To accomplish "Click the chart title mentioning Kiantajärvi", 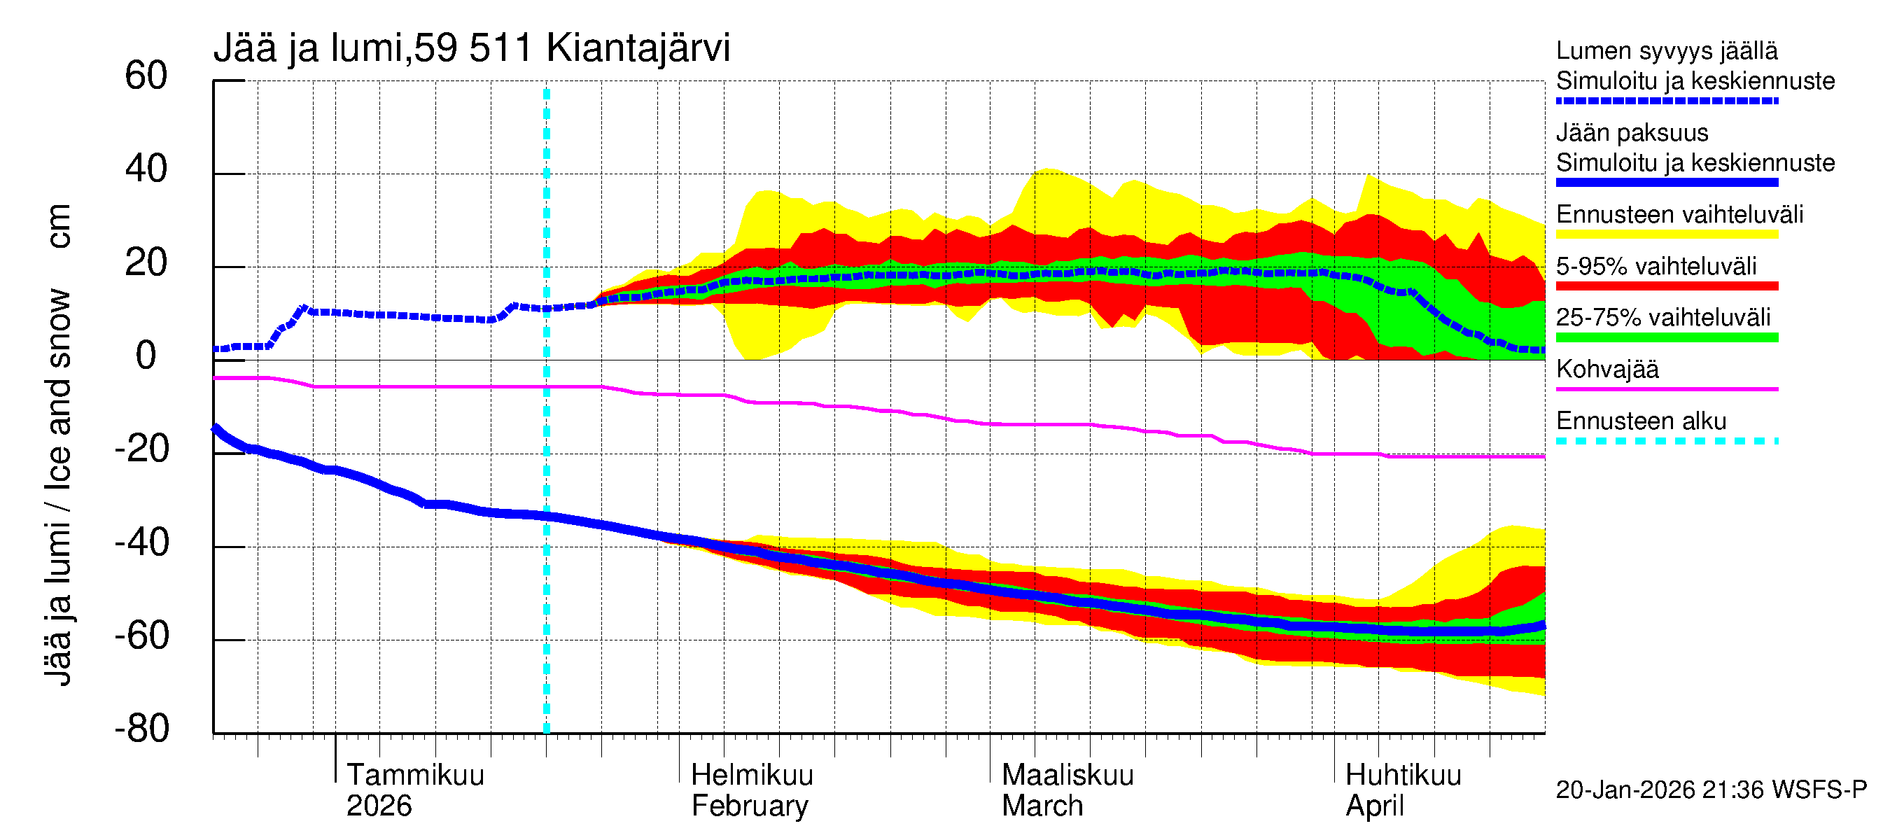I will tap(472, 48).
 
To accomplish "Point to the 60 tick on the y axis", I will tap(146, 76).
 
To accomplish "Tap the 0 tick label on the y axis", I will tap(146, 356).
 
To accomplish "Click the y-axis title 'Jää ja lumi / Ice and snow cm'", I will tap(57, 444).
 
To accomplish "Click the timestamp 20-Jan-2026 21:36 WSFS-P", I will tap(1711, 790).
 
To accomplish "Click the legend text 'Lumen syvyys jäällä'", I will tap(1666, 51).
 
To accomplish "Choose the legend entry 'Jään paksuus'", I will tap(1632, 133).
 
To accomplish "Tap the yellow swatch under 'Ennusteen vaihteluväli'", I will tap(1666, 234).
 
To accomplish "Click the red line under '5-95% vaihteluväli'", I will tap(1666, 286).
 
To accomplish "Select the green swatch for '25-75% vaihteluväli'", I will tap(1666, 337).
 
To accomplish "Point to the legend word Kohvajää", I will tap(1606, 369).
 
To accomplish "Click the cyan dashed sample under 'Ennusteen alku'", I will tap(1666, 441).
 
